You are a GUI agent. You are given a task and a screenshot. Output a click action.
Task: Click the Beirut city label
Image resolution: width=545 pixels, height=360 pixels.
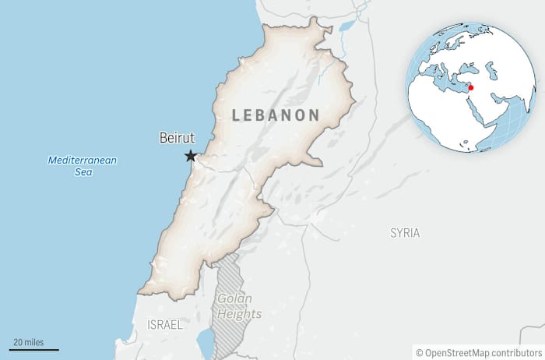coord(177,138)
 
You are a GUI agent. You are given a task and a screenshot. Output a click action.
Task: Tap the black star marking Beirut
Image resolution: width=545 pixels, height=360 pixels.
coord(190,157)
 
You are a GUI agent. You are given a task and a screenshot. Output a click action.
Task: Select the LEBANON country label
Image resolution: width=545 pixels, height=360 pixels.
coord(276,115)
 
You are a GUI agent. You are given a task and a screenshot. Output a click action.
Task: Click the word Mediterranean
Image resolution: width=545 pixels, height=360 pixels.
coord(82,161)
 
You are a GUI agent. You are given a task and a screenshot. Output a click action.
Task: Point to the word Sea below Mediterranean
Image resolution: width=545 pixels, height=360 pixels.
coord(83,172)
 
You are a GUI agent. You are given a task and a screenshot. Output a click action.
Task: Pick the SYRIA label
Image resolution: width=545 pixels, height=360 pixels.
coord(405,233)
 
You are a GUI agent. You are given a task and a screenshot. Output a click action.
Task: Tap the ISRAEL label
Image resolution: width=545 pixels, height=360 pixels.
coord(164,324)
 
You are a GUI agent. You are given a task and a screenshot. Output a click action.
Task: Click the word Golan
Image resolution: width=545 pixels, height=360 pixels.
coord(234,298)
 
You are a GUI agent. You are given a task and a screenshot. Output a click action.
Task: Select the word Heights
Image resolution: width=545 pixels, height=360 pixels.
coord(239,314)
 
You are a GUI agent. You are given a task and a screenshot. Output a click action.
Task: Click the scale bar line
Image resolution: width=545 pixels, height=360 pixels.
coord(35,350)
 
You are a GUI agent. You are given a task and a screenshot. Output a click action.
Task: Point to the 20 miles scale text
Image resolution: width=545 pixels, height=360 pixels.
coord(28,342)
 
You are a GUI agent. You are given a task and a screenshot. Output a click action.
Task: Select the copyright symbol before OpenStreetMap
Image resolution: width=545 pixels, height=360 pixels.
coord(419,351)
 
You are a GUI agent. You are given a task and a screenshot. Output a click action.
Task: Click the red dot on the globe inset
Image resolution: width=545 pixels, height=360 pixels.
coord(470,87)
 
